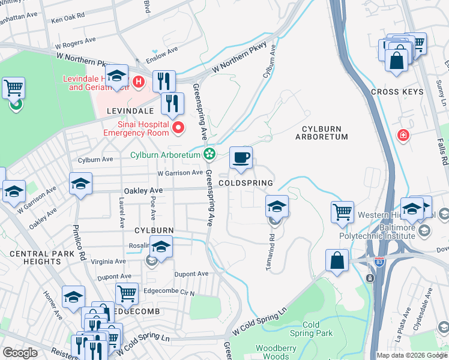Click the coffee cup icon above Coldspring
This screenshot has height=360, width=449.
[241, 158]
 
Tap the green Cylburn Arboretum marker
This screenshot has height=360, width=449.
[209, 155]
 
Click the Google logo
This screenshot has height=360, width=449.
[20, 352]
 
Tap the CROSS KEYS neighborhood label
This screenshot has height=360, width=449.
[397, 92]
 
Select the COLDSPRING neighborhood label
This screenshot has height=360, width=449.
[246, 183]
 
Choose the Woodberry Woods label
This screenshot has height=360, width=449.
[276, 352]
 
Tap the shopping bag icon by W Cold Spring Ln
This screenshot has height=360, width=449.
[337, 260]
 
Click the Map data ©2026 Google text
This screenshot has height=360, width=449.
[412, 355]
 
